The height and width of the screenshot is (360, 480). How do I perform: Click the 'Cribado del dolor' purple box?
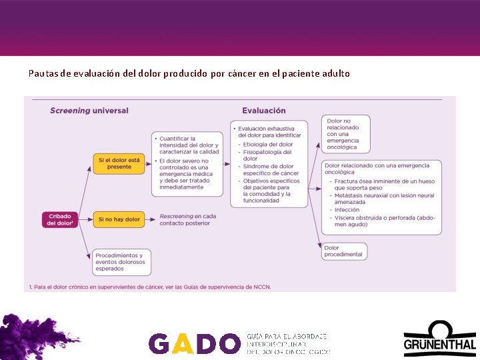click(60, 219)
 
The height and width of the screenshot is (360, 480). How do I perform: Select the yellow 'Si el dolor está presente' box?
click(119, 163)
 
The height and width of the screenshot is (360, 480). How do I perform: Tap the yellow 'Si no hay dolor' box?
click(119, 219)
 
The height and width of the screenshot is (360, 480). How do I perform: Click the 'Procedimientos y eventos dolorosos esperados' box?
click(122, 262)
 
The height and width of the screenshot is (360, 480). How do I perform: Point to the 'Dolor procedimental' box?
click(344, 251)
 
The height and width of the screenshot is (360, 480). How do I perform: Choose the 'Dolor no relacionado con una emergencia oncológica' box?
click(345, 134)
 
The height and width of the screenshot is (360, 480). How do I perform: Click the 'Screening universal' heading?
click(89, 111)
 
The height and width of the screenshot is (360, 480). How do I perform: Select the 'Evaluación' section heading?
click(264, 111)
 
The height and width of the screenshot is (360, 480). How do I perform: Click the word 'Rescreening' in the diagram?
click(176, 216)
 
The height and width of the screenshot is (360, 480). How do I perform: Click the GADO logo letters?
click(193, 343)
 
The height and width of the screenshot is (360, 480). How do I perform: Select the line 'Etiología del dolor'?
click(268, 144)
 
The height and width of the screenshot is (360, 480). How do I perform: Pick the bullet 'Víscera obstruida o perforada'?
click(385, 217)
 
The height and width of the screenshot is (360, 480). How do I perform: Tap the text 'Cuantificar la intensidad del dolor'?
click(189, 142)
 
